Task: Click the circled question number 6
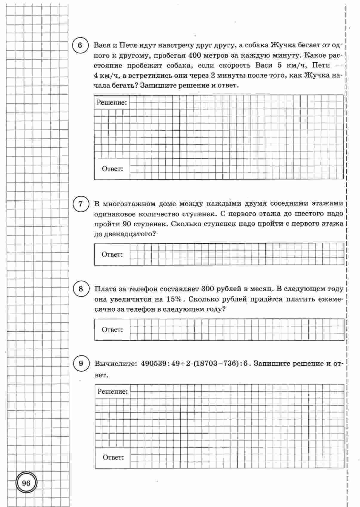80,46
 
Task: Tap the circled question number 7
80,204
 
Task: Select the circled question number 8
81,289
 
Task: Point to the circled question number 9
81,364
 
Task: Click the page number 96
26,483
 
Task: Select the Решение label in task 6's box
112,103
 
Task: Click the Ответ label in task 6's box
112,169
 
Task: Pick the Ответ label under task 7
112,255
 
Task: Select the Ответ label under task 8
112,330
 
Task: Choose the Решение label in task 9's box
112,392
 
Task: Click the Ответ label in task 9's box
113,457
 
